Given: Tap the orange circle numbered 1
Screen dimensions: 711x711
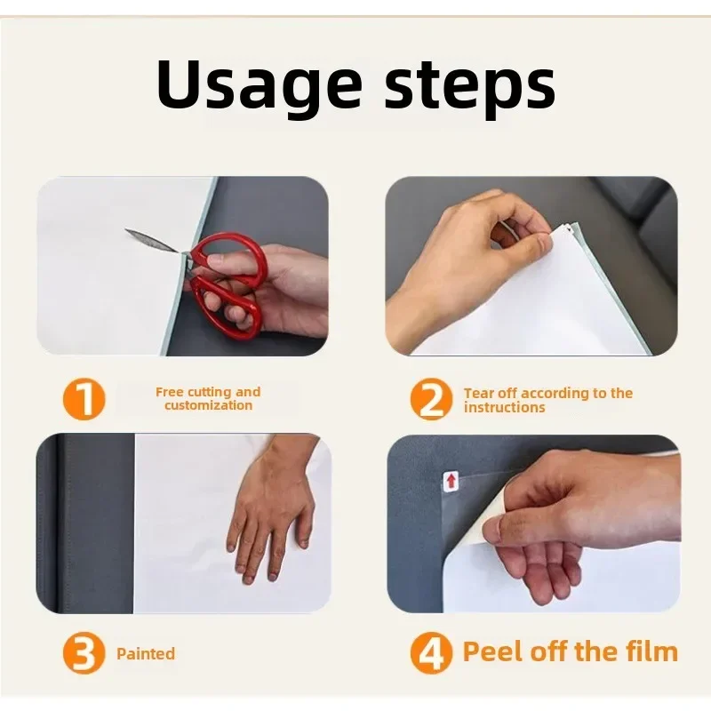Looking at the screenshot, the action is [x=84, y=399].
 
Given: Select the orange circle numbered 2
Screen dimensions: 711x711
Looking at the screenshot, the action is [x=431, y=399].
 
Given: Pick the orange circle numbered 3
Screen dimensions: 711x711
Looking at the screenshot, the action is [x=84, y=653].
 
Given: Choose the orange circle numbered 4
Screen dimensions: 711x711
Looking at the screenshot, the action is [x=431, y=653].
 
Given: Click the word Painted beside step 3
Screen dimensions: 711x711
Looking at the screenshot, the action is [x=146, y=653].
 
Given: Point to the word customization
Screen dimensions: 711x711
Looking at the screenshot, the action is [x=208, y=405].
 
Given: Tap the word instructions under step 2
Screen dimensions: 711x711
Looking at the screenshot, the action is [x=504, y=407].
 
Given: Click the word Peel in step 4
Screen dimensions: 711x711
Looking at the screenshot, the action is [x=493, y=651].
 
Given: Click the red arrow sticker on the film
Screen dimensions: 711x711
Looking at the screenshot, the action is [x=451, y=481].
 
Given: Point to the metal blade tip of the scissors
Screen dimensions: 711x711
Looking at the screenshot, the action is [x=126, y=230].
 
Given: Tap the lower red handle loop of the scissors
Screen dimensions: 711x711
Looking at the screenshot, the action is [x=226, y=308].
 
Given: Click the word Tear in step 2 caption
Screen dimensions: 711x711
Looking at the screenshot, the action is [x=479, y=393].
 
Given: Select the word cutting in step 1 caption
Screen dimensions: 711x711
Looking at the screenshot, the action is [x=209, y=392].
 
